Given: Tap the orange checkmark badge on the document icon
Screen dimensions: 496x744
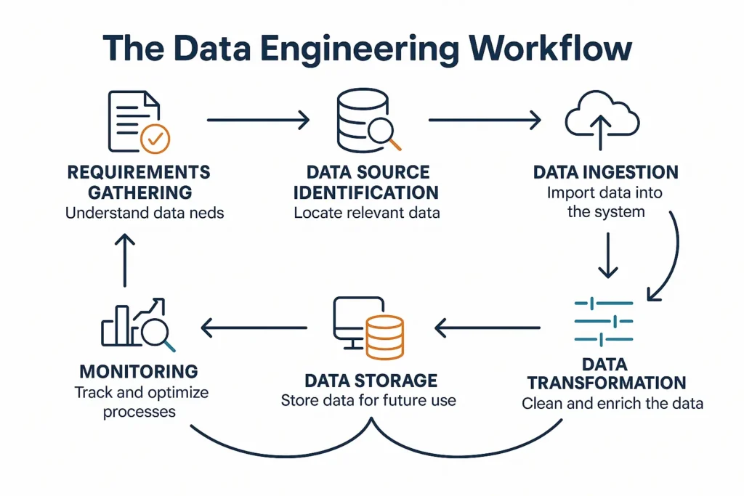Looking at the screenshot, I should (155, 138).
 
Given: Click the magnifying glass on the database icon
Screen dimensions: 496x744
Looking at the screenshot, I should (382, 134).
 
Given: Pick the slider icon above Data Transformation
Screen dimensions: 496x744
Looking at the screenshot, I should (603, 322).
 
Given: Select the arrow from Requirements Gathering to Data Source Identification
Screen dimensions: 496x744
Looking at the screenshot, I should (258, 120).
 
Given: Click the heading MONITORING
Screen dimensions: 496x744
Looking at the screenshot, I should (138, 371).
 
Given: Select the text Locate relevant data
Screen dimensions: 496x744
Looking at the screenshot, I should (367, 214).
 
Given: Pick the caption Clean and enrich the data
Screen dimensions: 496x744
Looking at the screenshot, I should (612, 403).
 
